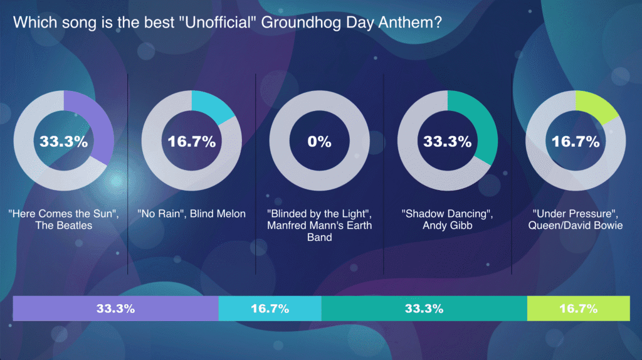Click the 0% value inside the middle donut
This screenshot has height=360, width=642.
pyautogui.click(x=319, y=141)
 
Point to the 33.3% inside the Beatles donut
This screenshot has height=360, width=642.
pyautogui.click(x=63, y=141)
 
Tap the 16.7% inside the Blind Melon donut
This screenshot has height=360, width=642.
pyautogui.click(x=191, y=141)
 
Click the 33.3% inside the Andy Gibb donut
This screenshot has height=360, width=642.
pyautogui.click(x=447, y=141)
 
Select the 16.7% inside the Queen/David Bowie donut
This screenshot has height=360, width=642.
pyautogui.click(x=575, y=141)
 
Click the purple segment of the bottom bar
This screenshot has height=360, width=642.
pyautogui.click(x=115, y=309)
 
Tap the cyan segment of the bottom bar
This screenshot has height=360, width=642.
pyautogui.click(x=270, y=309)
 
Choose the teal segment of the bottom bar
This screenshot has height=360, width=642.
pyautogui.click(x=424, y=309)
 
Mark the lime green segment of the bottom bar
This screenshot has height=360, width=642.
pyautogui.click(x=578, y=309)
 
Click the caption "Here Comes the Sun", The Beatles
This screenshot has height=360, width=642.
pyautogui.click(x=63, y=220)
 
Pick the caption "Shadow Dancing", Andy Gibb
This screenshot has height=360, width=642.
pyautogui.click(x=447, y=220)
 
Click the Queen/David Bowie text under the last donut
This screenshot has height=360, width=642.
pyautogui.click(x=575, y=225)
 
